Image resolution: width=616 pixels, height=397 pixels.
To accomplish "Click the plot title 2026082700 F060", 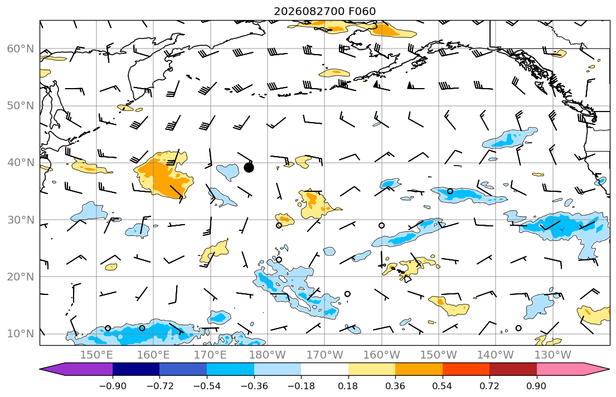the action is (x=324, y=11).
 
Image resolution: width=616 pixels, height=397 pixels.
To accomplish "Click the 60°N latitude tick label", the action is (x=21, y=49).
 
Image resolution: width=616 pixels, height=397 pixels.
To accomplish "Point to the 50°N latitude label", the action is (x=21, y=106).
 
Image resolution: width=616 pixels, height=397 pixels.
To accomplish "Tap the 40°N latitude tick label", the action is (x=21, y=163).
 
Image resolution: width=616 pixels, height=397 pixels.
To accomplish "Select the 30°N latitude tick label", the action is (x=21, y=220).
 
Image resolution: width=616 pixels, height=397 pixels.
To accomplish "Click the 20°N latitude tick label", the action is (x=21, y=277).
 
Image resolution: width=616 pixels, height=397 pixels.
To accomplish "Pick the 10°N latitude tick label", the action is (x=21, y=334).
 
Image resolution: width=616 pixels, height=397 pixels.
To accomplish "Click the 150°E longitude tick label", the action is (x=96, y=355).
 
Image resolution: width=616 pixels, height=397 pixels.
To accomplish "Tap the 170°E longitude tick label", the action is (x=211, y=355).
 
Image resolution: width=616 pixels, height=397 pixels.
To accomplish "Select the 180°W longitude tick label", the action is (x=268, y=355).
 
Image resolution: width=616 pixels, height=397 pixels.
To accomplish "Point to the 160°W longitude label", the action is (x=382, y=355).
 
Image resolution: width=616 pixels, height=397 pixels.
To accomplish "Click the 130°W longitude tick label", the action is (x=553, y=355).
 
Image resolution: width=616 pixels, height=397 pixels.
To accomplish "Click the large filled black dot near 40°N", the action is (x=249, y=168).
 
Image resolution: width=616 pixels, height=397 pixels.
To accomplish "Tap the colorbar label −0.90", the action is (x=113, y=386).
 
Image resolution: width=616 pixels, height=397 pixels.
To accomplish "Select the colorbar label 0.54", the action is (x=443, y=386).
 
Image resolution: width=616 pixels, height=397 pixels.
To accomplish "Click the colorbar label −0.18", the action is (x=302, y=386).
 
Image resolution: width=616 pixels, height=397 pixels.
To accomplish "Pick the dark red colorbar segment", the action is (x=513, y=369).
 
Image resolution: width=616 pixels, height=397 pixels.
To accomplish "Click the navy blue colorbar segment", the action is (x=136, y=369).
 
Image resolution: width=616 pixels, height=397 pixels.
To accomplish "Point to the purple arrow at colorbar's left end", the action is (x=76, y=369).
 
